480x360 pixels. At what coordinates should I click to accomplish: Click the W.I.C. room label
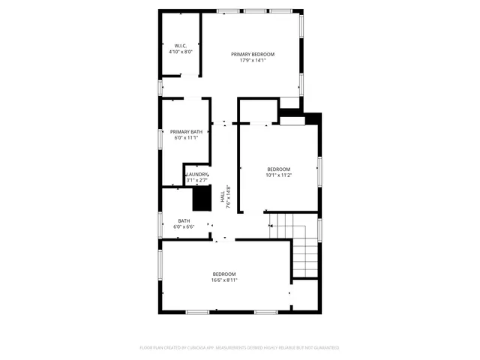click(x=180, y=46)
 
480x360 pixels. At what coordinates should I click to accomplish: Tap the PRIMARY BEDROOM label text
click(x=253, y=54)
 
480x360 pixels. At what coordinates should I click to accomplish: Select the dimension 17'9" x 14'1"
click(x=253, y=60)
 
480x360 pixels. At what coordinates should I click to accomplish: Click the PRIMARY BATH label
click(x=186, y=132)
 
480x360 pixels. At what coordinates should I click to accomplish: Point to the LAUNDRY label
click(x=197, y=175)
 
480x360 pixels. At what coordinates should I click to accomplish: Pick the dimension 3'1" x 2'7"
click(x=197, y=181)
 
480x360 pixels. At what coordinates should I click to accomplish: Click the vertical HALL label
click(x=222, y=197)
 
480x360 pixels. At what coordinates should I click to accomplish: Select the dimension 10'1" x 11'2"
click(x=279, y=175)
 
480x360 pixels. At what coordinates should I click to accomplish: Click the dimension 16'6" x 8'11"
click(x=224, y=280)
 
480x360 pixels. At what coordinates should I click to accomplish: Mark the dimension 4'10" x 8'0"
click(x=180, y=52)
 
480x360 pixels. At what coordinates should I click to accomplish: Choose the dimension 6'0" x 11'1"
click(x=186, y=138)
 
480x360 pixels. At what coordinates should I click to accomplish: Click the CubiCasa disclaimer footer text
click(x=239, y=348)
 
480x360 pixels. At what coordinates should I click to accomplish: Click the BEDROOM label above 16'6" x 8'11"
click(x=224, y=274)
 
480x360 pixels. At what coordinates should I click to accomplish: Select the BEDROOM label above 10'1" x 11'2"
click(x=279, y=169)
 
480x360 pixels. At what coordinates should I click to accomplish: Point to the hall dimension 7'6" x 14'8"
click(x=228, y=197)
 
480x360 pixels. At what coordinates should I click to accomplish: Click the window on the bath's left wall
click(x=161, y=224)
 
